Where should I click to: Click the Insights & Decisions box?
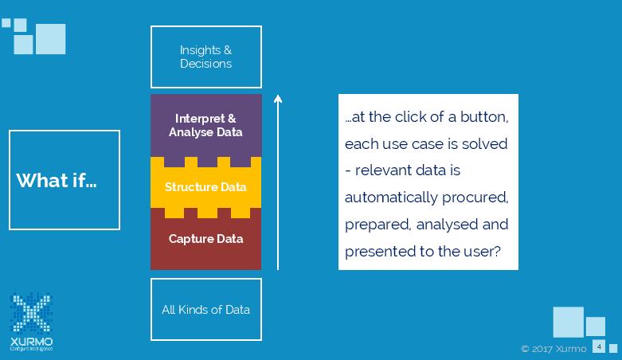pyautogui.click(x=206, y=57)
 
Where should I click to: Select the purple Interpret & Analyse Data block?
pyautogui.click(x=205, y=123)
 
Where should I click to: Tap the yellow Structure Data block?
pyautogui.click(x=205, y=187)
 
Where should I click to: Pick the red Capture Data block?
pyautogui.click(x=205, y=239)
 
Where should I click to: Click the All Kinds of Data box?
pyautogui.click(x=206, y=309)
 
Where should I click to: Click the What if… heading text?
pyautogui.click(x=56, y=180)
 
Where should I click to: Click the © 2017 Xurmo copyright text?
pyautogui.click(x=554, y=349)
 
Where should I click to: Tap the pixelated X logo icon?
pyautogui.click(x=31, y=314)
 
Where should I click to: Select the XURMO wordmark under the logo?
pyautogui.click(x=32, y=340)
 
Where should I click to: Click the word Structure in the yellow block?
pyautogui.click(x=190, y=187)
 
